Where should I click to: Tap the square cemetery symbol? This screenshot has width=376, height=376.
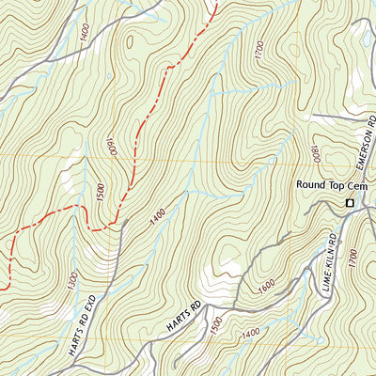(x=350, y=203)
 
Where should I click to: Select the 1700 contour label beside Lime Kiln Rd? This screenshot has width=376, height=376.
(x=352, y=256)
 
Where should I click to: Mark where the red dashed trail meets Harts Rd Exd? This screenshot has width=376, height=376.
(x=120, y=225)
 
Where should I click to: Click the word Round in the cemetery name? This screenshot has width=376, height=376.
(x=308, y=185)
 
